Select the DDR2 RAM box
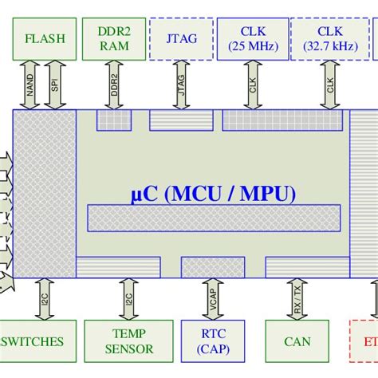(113, 39)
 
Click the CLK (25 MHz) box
(253, 39)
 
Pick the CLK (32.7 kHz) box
(329, 39)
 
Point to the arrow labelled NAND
(30, 85)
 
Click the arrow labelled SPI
(54, 85)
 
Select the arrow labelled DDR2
(114, 85)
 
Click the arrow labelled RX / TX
(297, 298)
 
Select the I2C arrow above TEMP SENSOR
(128, 298)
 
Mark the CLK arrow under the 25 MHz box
(253, 85)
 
